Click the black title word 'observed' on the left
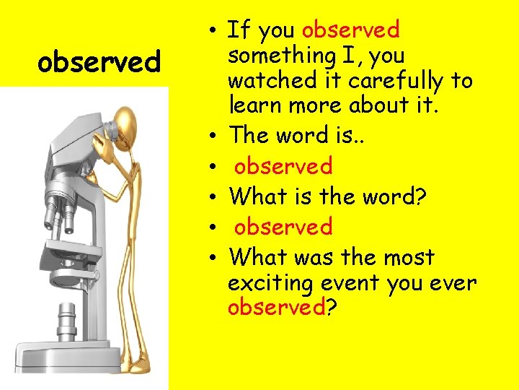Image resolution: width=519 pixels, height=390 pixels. click(x=99, y=63)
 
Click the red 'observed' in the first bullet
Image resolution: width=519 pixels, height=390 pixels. click(x=351, y=30)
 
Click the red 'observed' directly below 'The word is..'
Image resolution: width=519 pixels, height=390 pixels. click(x=283, y=166)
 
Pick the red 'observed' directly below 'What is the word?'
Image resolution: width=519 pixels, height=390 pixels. click(x=283, y=227)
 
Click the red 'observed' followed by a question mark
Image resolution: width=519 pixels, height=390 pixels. click(x=276, y=307)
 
